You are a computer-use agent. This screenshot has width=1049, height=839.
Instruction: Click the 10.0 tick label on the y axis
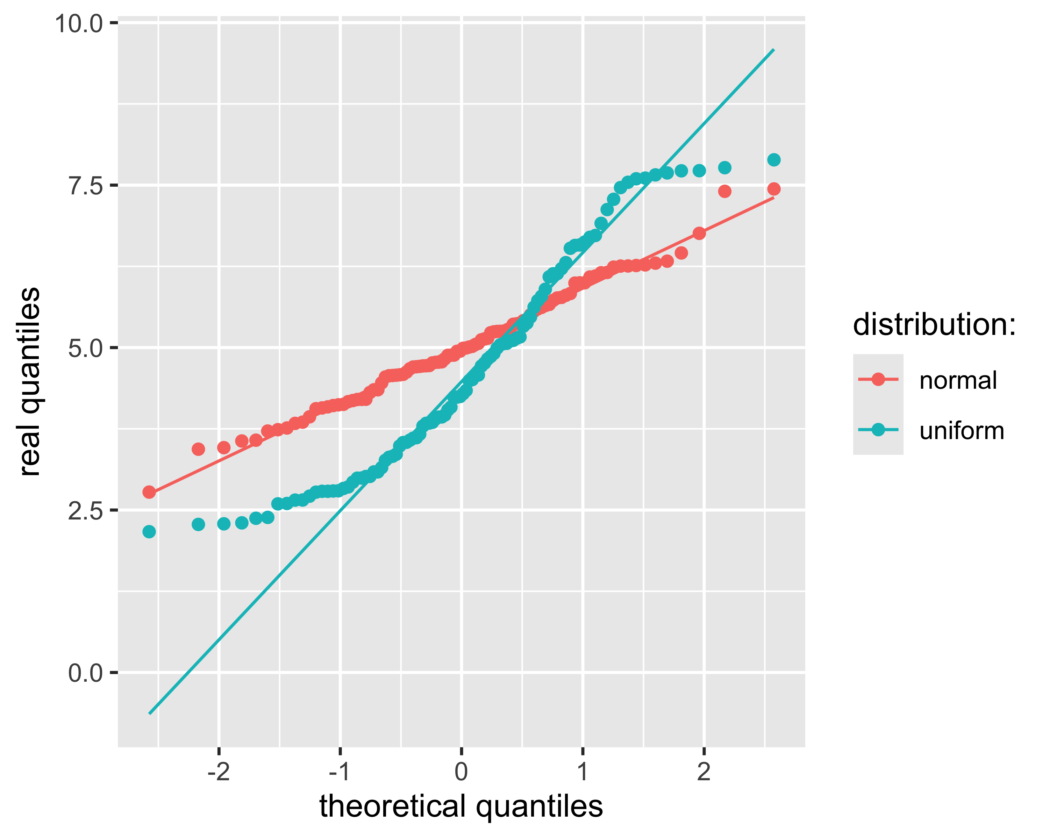[x=79, y=24]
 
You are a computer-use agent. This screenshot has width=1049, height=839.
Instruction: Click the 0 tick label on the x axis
[x=461, y=772]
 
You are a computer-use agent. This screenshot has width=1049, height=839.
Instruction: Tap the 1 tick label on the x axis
[x=583, y=772]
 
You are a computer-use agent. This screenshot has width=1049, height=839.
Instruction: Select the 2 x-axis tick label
[x=704, y=772]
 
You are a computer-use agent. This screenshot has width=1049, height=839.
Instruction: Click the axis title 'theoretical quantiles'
[x=461, y=806]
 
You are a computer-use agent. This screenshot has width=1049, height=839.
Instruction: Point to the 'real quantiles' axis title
[x=30, y=382]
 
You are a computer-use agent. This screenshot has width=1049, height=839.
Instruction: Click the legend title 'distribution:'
[x=934, y=324]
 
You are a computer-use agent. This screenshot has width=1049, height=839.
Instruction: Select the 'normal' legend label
[x=957, y=380]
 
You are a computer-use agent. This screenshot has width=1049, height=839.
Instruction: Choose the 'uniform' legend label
[x=962, y=431]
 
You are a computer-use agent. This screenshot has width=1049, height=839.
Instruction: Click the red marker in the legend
[x=878, y=379]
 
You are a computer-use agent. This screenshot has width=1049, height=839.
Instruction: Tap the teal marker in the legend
[x=878, y=430]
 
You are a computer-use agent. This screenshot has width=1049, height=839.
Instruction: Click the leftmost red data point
[x=149, y=492]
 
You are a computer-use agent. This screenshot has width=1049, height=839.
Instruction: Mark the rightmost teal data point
[x=773, y=160]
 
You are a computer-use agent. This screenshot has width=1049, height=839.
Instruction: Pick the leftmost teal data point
[x=149, y=532]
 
